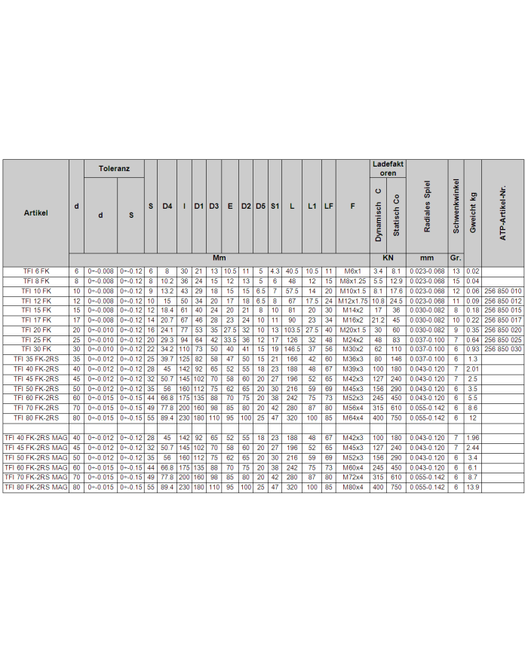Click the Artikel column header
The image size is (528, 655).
coord(35,213)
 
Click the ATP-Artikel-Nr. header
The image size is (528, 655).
coord(502,213)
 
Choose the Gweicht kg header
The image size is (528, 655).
coord(473,213)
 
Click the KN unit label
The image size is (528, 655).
coord(388,258)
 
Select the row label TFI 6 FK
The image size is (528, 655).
coord(35,271)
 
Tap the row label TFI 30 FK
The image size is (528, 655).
coord(35,349)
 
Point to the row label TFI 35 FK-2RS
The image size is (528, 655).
coord(35,359)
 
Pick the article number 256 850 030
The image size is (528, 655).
coord(502,349)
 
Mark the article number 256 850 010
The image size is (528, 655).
coord(502,290)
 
